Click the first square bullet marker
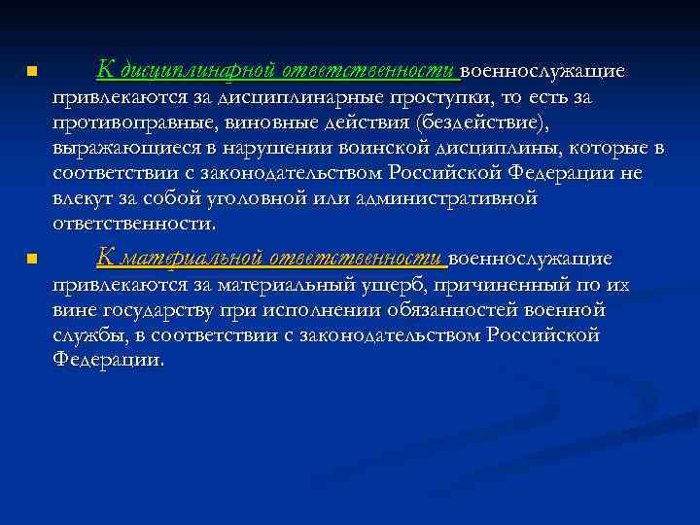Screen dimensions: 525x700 point(32,72)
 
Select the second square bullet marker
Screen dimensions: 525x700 point(32,259)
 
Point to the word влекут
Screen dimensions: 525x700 point(84,198)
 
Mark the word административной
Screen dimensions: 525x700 point(452,198)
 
